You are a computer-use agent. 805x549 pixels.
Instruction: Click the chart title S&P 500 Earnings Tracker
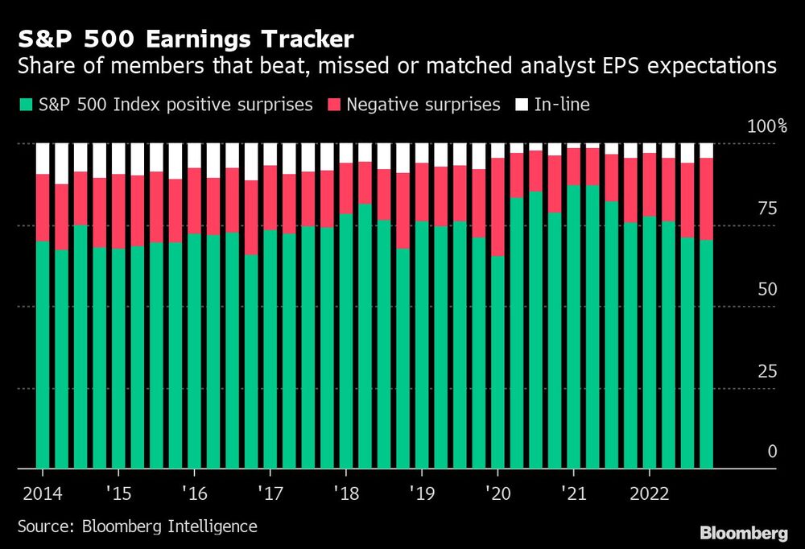click(185, 39)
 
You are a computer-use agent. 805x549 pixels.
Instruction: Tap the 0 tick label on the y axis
click(772, 452)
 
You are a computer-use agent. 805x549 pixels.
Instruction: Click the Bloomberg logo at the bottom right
click(744, 532)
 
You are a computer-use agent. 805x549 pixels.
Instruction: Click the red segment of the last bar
click(706, 199)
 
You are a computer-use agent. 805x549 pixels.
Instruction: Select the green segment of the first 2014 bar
click(43, 354)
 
